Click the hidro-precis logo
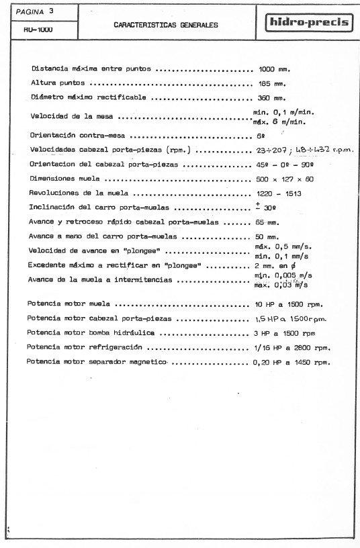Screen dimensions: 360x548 [x=310, y=23]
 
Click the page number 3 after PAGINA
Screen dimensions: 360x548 [x=51, y=10]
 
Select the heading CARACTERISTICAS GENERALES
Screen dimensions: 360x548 [x=166, y=25]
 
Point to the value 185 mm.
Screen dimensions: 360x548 [x=273, y=84]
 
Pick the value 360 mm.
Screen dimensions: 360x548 [x=273, y=98]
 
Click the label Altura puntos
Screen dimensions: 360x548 [x=59, y=84]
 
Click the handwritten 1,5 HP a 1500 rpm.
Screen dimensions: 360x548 [x=292, y=318]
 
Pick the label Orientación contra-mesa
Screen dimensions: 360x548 [x=74, y=135]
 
